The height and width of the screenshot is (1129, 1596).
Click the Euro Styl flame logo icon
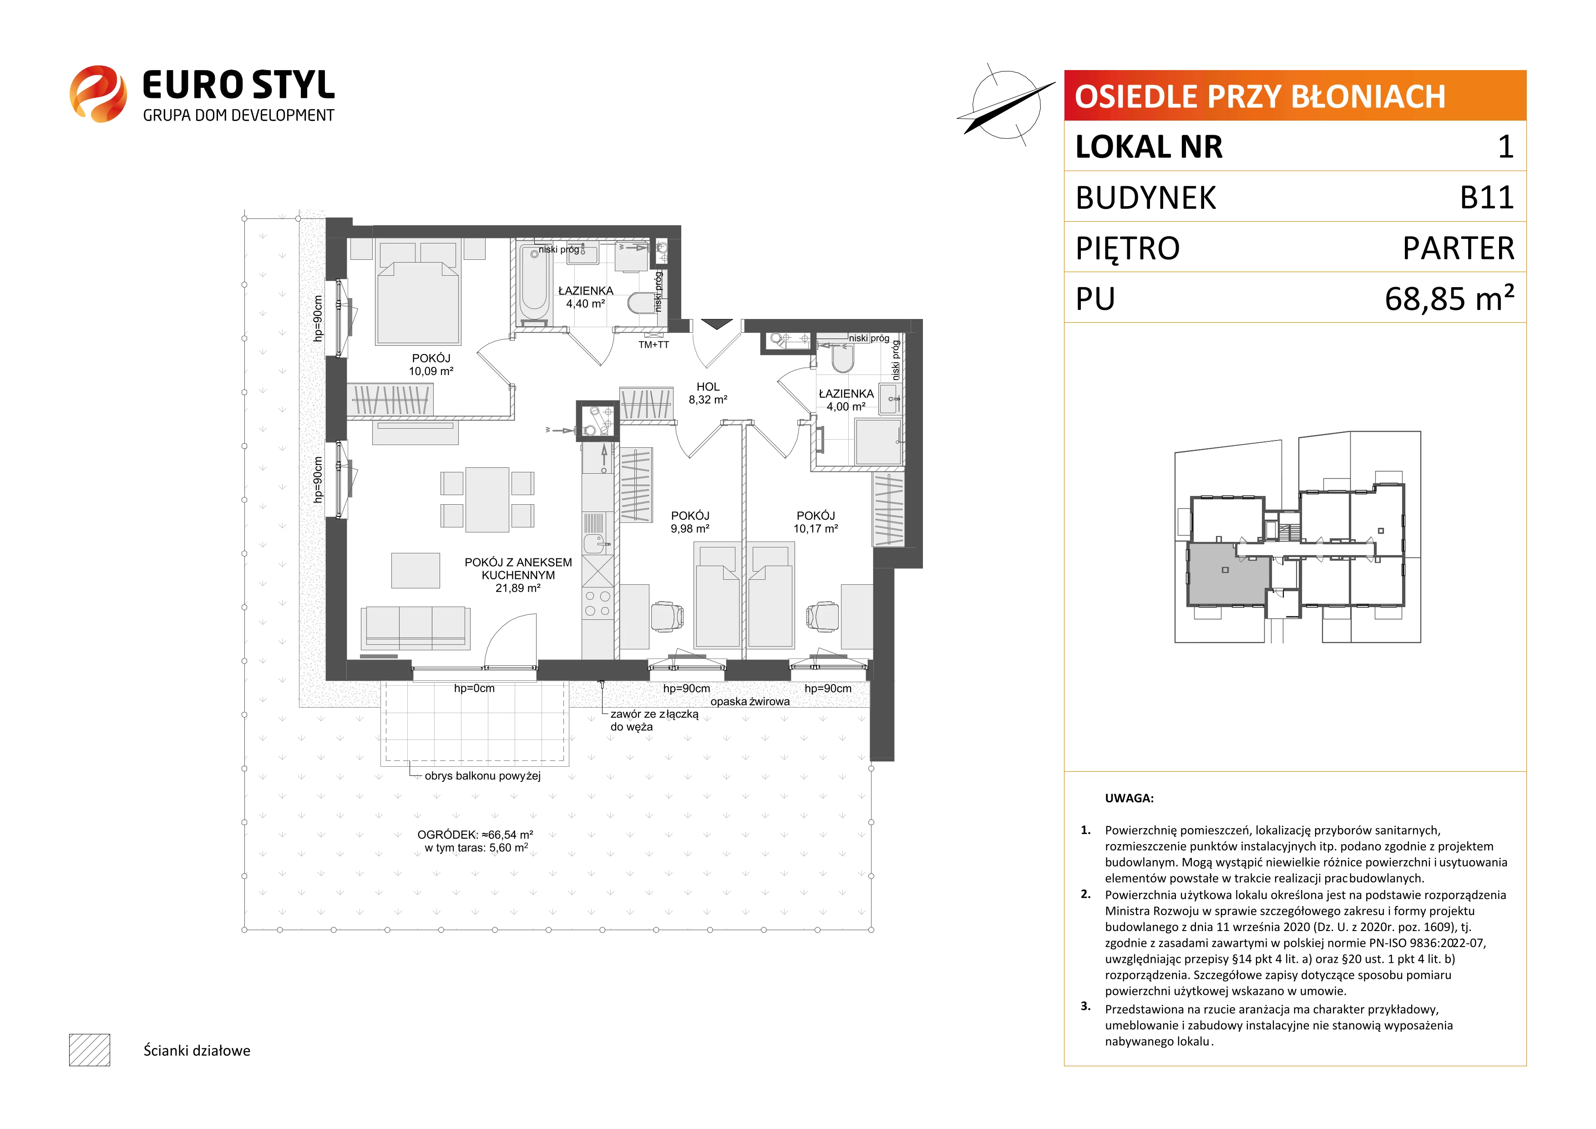(x=98, y=94)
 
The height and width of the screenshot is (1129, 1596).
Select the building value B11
(x=1486, y=197)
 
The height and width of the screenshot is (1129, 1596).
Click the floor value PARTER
(x=1459, y=248)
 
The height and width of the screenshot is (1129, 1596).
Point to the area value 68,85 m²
(x=1449, y=298)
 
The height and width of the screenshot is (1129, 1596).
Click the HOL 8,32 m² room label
(x=708, y=393)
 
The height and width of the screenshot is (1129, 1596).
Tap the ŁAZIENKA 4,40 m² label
(x=585, y=297)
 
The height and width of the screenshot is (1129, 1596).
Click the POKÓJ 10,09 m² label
(x=431, y=365)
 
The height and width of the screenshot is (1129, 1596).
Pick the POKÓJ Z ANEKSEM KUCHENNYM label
(x=518, y=569)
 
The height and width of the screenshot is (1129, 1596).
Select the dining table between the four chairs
(x=487, y=500)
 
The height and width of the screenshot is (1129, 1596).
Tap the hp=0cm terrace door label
(x=474, y=688)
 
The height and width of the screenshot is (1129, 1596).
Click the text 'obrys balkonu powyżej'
(x=482, y=776)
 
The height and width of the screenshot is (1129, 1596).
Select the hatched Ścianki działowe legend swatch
(x=90, y=1050)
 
